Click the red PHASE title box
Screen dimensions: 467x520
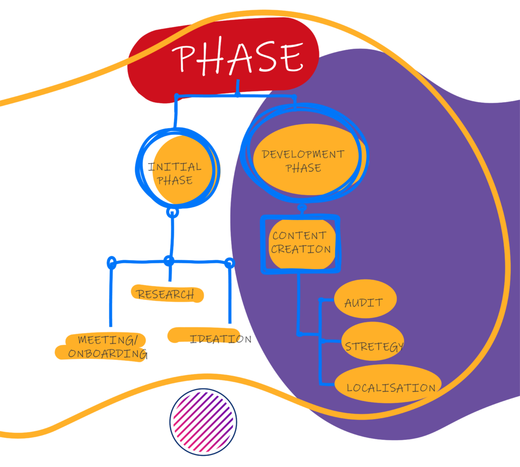(223, 58)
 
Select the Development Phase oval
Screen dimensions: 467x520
(304, 160)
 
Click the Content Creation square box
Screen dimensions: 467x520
(300, 243)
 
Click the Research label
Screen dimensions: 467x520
(167, 294)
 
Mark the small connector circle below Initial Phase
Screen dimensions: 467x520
(173, 212)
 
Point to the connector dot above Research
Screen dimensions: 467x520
(169, 261)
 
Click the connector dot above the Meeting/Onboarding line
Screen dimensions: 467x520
(112, 263)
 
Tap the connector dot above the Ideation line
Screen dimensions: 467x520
(230, 263)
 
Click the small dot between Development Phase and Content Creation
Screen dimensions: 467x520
(302, 207)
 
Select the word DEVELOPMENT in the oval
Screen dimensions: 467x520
(303, 154)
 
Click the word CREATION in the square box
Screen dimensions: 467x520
(301, 250)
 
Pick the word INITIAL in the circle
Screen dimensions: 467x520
(175, 167)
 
